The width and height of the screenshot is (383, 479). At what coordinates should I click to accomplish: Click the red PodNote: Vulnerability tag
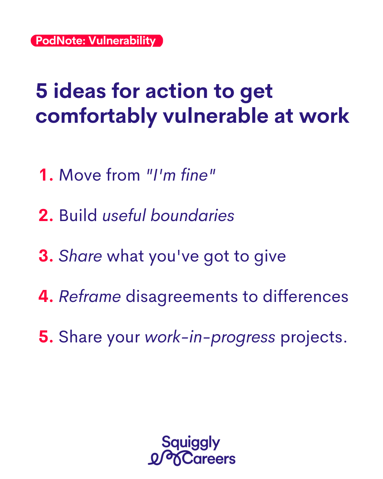(x=97, y=41)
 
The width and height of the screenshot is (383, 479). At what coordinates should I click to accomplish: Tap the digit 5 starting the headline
(x=41, y=91)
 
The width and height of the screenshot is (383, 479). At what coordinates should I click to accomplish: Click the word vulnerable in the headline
(x=216, y=116)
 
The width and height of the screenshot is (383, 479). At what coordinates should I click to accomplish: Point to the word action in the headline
(x=177, y=91)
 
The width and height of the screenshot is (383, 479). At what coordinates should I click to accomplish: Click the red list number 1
(x=46, y=175)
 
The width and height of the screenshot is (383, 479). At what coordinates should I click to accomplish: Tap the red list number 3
(x=46, y=256)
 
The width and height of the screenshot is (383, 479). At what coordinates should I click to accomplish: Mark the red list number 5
(x=46, y=337)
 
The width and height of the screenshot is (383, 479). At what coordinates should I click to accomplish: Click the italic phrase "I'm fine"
(x=181, y=175)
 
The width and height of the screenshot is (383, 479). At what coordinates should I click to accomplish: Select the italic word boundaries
(x=193, y=215)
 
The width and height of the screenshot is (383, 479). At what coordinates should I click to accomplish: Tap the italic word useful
(x=124, y=215)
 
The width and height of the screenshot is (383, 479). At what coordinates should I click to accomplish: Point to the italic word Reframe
(x=90, y=296)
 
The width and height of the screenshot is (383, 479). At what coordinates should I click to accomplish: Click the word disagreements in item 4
(x=182, y=297)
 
